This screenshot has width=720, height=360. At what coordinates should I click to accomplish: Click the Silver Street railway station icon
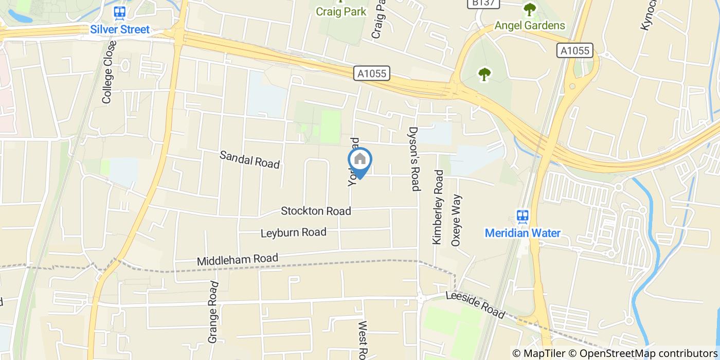pos(120,12)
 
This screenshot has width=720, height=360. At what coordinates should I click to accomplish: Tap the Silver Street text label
pos(120,29)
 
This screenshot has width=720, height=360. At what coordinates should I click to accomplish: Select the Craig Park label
pos(341,11)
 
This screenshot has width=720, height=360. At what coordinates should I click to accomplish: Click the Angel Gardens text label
pos(530,25)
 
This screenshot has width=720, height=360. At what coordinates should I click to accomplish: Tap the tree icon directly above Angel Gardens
pos(529,9)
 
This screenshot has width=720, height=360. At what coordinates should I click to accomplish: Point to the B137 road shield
pos(477,4)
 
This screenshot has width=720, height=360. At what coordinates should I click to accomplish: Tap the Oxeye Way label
pos(456,220)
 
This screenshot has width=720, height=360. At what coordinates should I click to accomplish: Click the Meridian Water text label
pos(523,233)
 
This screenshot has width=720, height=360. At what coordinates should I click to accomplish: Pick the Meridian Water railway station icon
pos(523,216)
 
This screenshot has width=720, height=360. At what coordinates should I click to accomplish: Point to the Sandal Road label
pos(249,160)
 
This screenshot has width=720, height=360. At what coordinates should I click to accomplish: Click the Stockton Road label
pos(316,211)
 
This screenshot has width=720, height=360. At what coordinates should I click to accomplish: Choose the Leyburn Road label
pos(293,232)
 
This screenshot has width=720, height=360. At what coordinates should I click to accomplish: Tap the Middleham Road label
pos(237,260)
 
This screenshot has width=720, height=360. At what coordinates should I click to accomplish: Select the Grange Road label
pos(214,312)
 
